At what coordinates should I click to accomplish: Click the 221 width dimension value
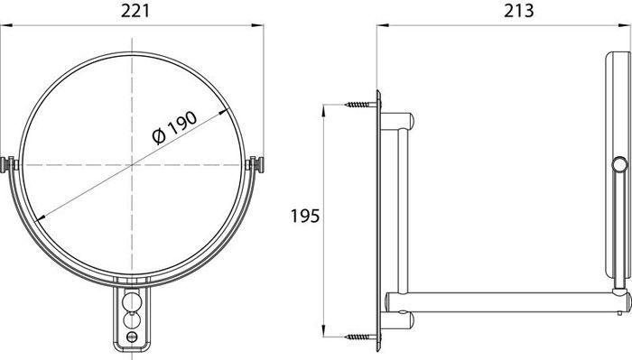click(135, 11)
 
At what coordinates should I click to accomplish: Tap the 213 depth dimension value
click(519, 11)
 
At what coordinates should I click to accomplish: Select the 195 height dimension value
click(305, 217)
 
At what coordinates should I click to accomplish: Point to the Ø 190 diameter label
click(175, 127)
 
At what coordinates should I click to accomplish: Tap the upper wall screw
click(360, 105)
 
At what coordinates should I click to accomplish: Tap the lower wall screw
click(360, 337)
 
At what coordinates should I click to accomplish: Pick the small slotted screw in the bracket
click(132, 337)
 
